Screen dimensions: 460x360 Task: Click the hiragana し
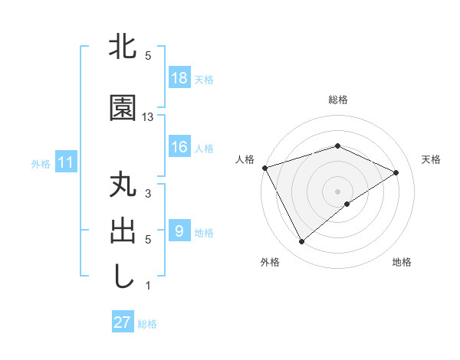click(123, 277)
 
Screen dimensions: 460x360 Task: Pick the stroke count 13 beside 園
click(148, 117)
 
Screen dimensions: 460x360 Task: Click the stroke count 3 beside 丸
click(148, 194)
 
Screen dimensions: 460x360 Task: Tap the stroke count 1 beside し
click(148, 286)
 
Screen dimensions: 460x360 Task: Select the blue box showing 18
click(179, 78)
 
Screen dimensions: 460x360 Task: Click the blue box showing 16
click(179, 147)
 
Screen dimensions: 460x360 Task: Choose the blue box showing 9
click(179, 231)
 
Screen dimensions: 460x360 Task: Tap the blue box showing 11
click(65, 162)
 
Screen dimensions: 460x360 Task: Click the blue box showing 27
click(122, 322)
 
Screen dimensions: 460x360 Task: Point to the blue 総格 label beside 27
click(147, 323)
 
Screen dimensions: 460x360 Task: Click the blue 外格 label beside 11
click(41, 163)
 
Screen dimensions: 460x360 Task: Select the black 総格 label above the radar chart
click(337, 100)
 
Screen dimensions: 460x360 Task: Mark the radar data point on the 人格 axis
click(264, 168)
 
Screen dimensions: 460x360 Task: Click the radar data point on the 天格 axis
click(396, 172)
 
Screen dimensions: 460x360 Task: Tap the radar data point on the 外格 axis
click(302, 242)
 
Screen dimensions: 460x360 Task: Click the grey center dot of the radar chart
click(337, 191)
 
